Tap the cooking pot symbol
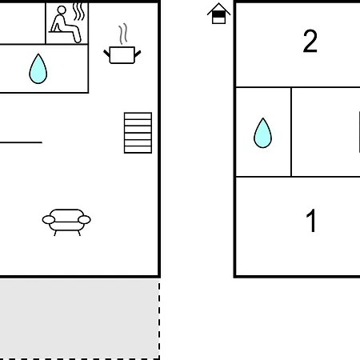[x=122, y=55]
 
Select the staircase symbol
[x=138, y=133]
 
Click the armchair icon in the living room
[x=66, y=222]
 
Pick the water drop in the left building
[x=38, y=70]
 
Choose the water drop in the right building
[x=262, y=134]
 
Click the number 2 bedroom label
[x=310, y=41]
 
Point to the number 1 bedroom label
[x=311, y=221]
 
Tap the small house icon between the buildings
[x=218, y=14]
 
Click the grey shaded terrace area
[x=79, y=318]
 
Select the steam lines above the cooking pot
[x=123, y=34]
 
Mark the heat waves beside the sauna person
[x=79, y=12]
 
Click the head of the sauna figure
[x=62, y=10]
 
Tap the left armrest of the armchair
[x=49, y=220]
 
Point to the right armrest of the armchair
[x=84, y=220]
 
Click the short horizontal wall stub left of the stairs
[x=21, y=142]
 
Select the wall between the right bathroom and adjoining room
[x=291, y=132]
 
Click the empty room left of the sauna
[x=22, y=23]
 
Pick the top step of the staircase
[x=138, y=116]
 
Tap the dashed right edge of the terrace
[x=159, y=319]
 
